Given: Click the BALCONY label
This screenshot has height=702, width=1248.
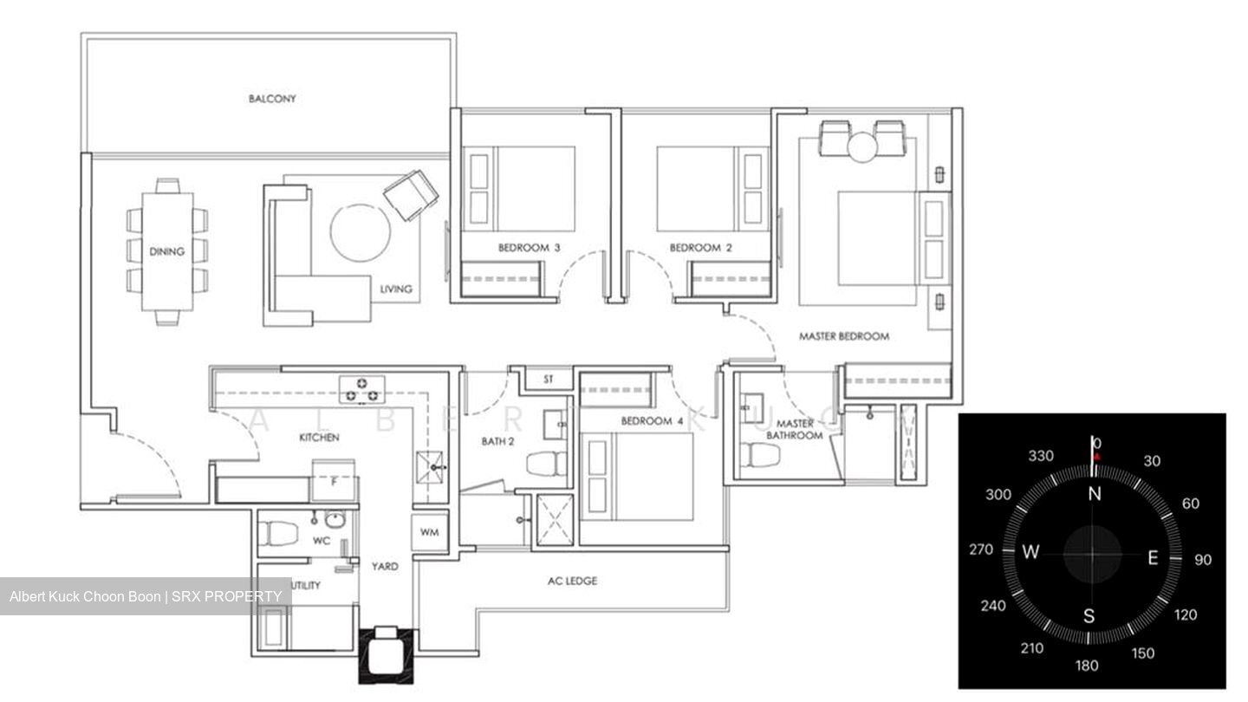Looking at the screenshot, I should [272, 99].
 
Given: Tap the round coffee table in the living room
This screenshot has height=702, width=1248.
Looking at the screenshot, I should [360, 232].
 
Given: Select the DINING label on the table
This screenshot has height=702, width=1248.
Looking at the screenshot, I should [166, 252].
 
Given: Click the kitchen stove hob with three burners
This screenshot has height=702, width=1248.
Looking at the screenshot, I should [362, 389].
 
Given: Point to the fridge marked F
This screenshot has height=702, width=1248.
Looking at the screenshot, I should [335, 483].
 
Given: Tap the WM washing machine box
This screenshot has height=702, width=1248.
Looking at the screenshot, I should [429, 532].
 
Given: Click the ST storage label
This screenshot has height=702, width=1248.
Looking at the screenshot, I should [549, 380].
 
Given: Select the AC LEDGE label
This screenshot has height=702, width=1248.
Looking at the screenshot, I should [572, 581].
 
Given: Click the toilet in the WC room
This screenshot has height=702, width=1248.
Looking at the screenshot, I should [279, 530].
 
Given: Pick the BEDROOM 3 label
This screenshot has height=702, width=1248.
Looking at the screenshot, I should [529, 248].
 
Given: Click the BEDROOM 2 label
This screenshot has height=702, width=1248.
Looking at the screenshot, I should [700, 248].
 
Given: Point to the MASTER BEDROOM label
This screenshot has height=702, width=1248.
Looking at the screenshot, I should [843, 336].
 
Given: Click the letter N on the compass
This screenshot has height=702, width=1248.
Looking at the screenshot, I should [1095, 494].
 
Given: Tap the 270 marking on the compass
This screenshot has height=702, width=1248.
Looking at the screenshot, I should [981, 550].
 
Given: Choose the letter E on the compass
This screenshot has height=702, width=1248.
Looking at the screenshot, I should [1153, 558].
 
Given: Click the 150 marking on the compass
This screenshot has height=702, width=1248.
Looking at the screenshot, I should [1143, 653].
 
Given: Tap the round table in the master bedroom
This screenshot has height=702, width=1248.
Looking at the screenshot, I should [863, 146].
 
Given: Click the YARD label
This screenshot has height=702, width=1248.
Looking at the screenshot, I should [385, 567].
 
